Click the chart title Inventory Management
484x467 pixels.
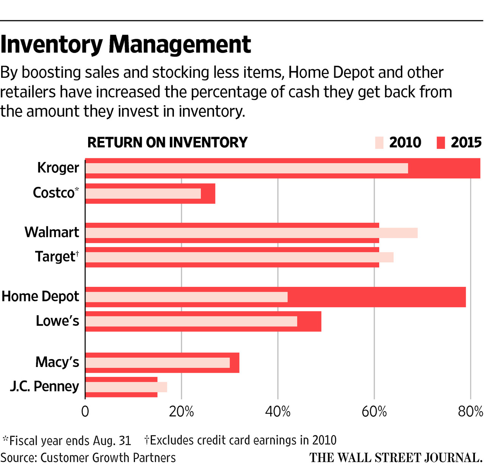point(126,45)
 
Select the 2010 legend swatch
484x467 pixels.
point(379,143)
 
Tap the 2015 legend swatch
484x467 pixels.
point(441,143)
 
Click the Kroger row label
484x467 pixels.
point(58,168)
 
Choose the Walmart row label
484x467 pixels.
point(52,232)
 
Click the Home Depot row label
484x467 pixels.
point(40,296)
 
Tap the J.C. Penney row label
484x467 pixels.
point(45,386)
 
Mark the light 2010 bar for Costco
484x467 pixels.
point(143,194)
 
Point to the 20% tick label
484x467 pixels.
point(181,412)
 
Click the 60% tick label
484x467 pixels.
point(374,412)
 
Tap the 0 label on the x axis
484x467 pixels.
point(85,412)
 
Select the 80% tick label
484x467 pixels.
point(470,412)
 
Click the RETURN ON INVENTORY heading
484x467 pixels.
point(167,143)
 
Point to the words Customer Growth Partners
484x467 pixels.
point(108,458)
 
